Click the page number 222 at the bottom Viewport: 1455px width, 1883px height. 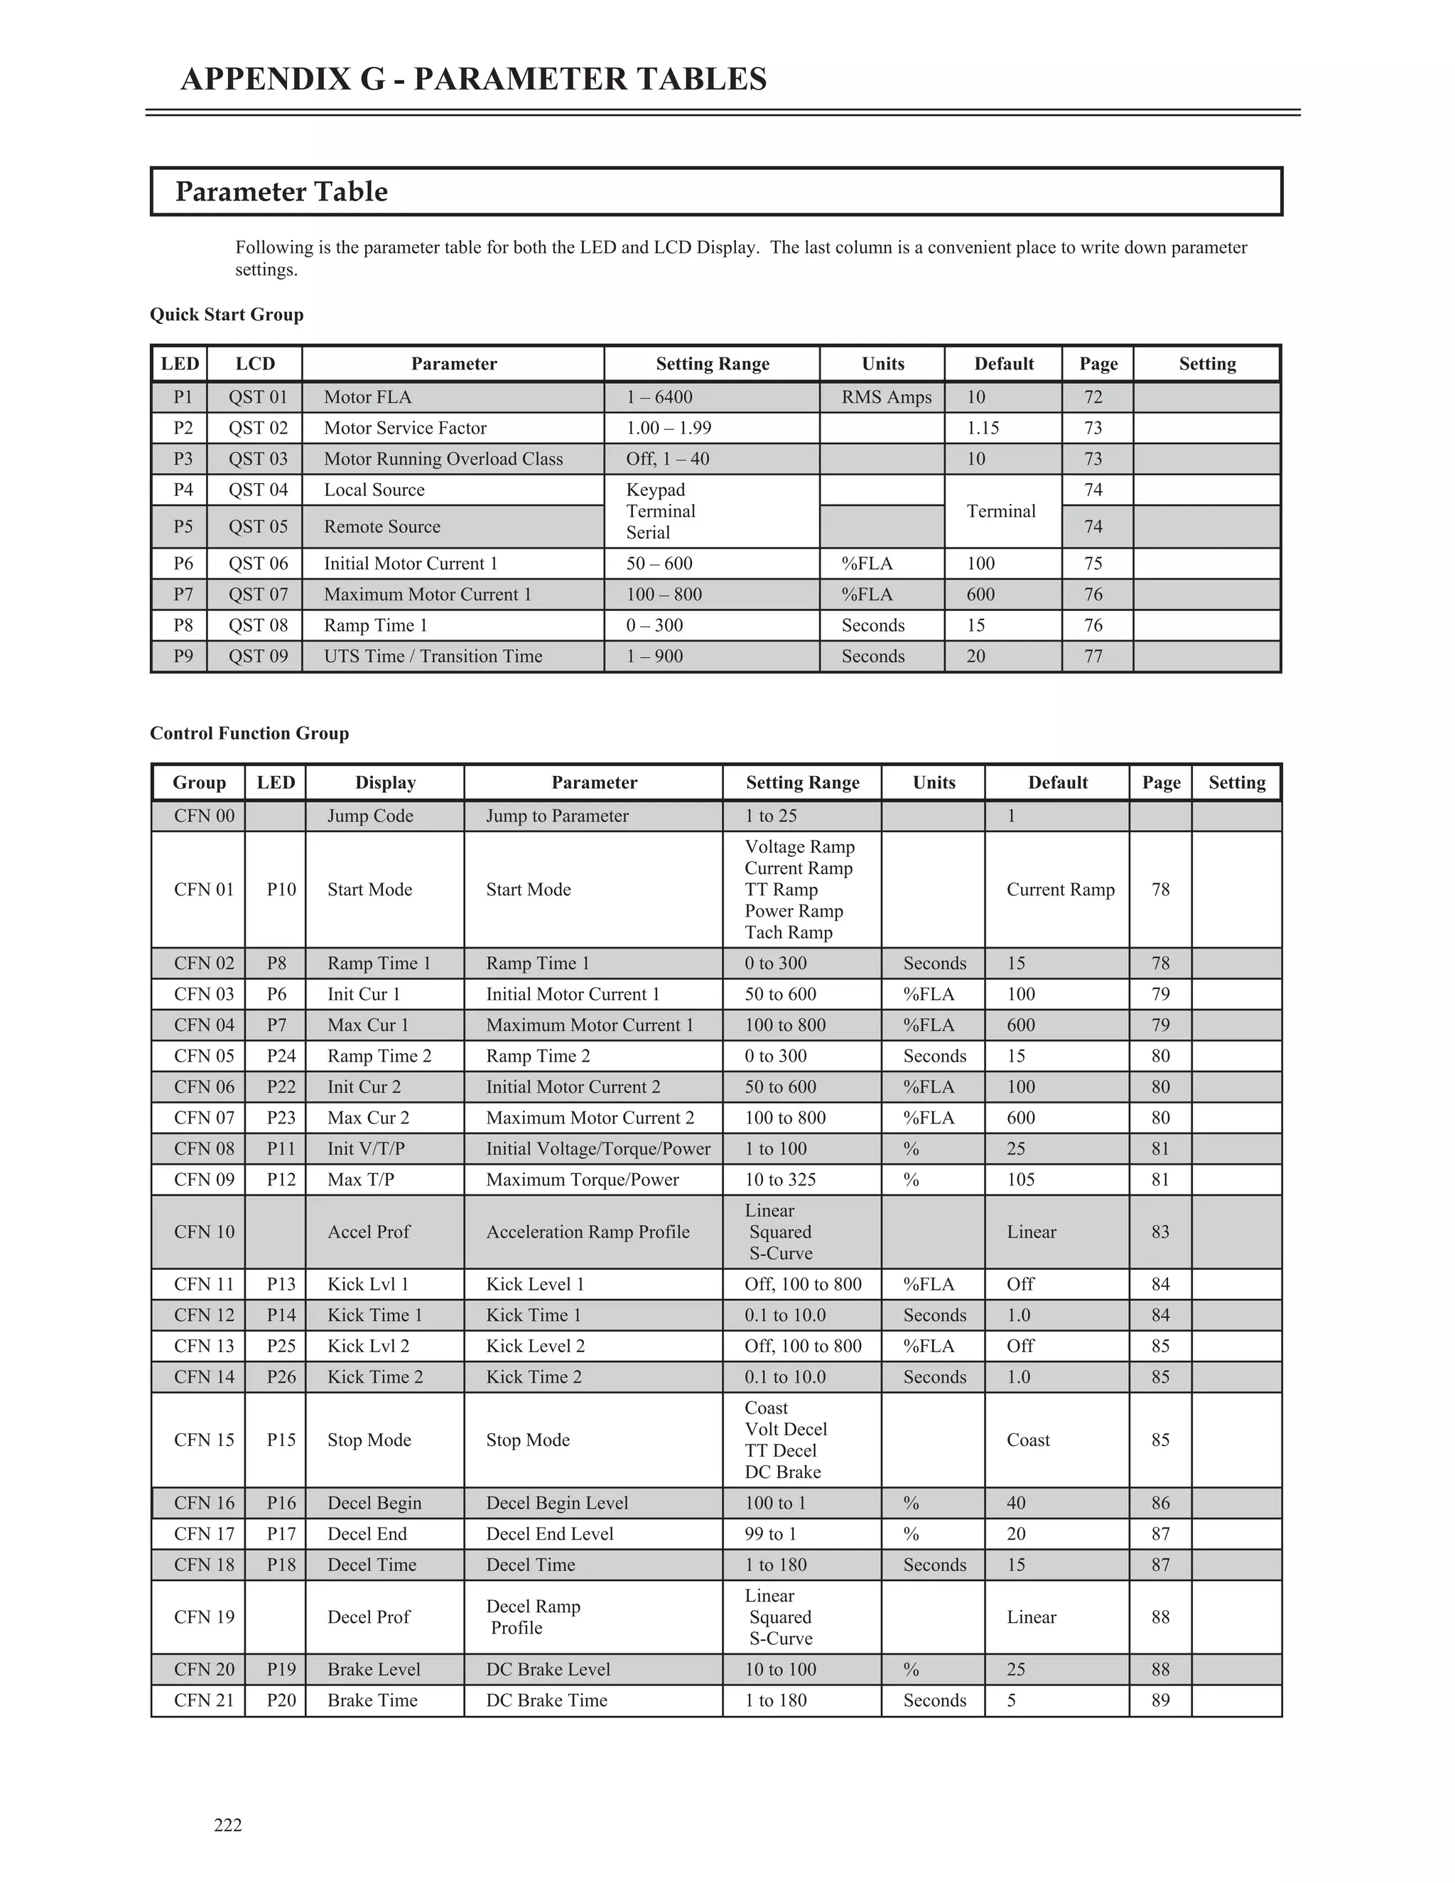(227, 1824)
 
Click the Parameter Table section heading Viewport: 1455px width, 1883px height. (281, 191)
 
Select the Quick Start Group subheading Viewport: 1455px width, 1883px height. (227, 315)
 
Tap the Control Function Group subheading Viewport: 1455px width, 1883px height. (249, 734)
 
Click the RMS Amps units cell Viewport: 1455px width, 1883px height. (886, 397)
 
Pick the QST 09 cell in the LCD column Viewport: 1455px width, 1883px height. (258, 656)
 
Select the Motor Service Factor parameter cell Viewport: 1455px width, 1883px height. (405, 428)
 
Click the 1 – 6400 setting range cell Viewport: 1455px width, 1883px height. (659, 397)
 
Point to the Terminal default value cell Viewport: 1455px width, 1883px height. (1001, 512)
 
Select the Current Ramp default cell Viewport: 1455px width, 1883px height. (1060, 890)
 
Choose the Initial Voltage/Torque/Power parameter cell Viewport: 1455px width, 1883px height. (598, 1148)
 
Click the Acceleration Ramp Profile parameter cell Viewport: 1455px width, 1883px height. (588, 1232)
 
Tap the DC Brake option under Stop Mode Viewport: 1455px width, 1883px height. (783, 1472)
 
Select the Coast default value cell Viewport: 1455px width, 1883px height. (1028, 1440)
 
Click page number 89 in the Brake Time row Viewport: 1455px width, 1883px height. (1160, 1700)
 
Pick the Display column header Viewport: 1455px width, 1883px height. (385, 783)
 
